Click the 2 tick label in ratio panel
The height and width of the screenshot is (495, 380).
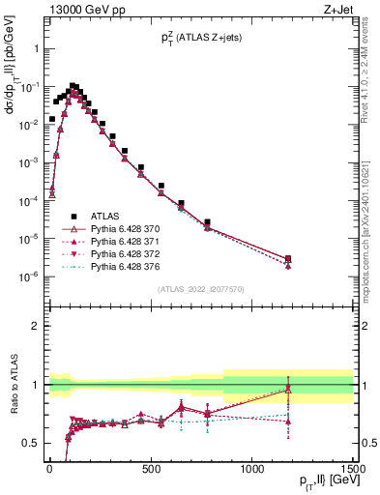point(35,326)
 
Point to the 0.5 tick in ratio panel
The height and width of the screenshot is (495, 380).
point(30,443)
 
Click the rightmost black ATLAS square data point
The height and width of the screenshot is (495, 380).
point(288,258)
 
